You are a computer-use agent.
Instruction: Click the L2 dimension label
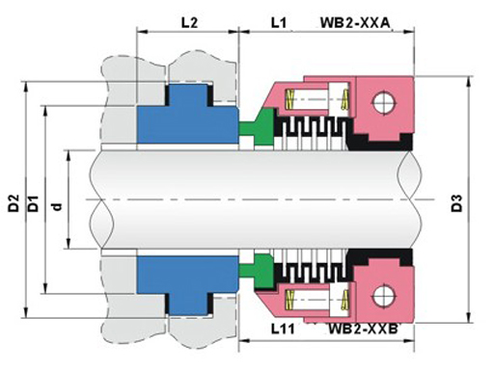[x=189, y=23]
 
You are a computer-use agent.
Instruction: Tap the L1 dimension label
[x=279, y=23]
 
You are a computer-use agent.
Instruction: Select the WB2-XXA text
[x=355, y=23]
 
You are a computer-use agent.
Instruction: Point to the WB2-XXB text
[x=364, y=329]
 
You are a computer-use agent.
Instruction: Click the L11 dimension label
[x=283, y=329]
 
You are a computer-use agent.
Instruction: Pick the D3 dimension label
[x=456, y=203]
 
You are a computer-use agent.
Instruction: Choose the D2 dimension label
[x=14, y=203]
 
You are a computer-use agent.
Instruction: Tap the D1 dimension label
[x=33, y=203]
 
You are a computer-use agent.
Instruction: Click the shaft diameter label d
[x=58, y=206]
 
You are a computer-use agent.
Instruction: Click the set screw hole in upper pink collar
[x=384, y=103]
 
